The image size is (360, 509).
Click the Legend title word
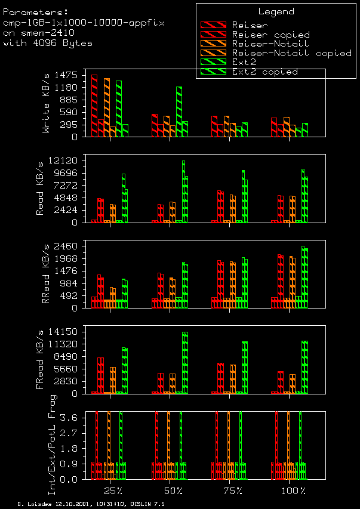coord(276,11)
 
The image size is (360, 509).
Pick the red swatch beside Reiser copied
coord(213,35)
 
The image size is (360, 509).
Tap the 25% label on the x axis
coord(113,491)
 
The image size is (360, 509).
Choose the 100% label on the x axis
coord(293,491)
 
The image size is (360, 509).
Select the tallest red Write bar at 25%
coord(94,106)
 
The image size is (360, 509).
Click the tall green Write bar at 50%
coord(179,112)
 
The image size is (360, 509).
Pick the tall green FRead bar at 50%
coord(185,362)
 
